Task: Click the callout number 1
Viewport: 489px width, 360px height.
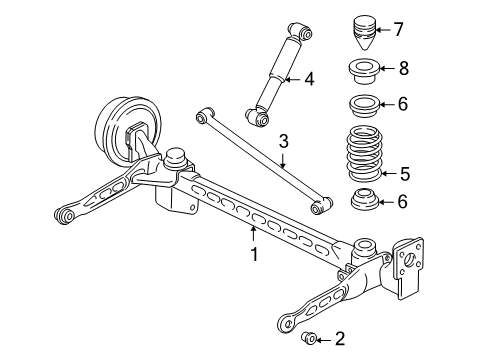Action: [x=255, y=254]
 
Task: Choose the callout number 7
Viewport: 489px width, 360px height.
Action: [x=398, y=29]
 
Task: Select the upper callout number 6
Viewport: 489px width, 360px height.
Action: [x=402, y=103]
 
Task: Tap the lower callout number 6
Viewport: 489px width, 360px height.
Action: [x=402, y=202]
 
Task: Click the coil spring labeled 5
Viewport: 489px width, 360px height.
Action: [x=362, y=152]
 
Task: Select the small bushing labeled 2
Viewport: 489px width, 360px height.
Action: [x=311, y=339]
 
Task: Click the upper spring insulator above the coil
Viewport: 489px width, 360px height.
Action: [x=362, y=104]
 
